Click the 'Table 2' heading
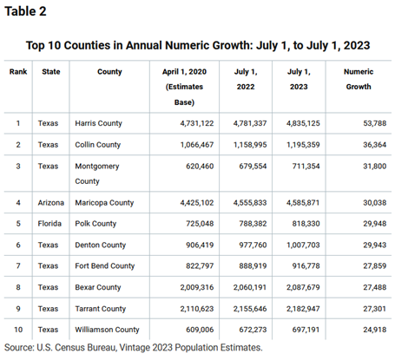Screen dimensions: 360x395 click(x=29, y=12)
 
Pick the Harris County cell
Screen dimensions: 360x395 click(x=104, y=124)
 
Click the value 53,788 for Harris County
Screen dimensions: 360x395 click(x=359, y=124)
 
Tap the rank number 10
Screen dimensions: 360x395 click(x=18, y=331)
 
